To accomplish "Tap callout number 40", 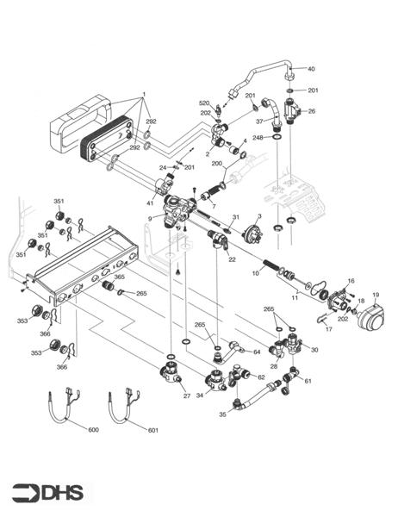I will point(311,69).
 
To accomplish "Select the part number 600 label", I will point(94,429).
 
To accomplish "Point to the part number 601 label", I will point(154,429).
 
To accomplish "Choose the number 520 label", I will point(204,103).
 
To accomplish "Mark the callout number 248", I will point(258,138).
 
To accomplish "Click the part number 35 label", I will point(222,414).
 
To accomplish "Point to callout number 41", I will point(150,203).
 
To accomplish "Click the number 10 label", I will point(255,273).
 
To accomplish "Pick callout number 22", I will point(231,259).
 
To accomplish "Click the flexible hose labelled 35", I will point(251,399).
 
